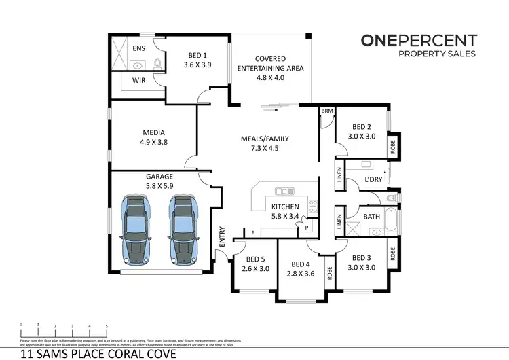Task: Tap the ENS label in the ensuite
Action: tap(138, 48)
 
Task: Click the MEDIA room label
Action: tap(154, 132)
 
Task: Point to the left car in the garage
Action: tap(136, 230)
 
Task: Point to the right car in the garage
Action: tap(182, 230)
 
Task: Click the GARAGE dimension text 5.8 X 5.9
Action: tap(159, 186)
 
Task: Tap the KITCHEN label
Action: tap(286, 207)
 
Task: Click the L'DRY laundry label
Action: tap(374, 179)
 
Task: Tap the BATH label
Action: tap(371, 217)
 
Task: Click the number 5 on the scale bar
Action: tap(106, 326)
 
